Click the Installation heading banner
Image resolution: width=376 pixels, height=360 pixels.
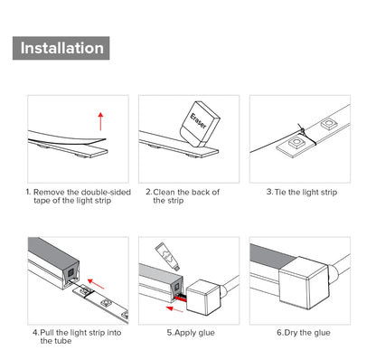point(61,48)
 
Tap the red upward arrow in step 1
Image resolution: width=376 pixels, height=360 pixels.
point(100,121)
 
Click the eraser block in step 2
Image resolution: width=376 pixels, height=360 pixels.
point(200,124)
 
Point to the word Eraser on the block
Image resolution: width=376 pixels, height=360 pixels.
point(198,121)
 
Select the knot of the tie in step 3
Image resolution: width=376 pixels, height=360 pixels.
point(302,130)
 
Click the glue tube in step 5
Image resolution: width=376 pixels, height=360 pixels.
point(167,256)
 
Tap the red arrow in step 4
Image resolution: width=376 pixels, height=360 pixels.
point(96,284)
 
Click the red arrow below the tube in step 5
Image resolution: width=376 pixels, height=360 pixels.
point(174,309)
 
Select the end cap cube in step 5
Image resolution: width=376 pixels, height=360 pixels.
point(202,298)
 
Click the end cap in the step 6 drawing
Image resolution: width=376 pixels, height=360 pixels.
point(304,282)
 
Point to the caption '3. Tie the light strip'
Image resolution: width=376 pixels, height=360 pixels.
point(302,192)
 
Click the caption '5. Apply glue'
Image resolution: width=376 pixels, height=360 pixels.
point(191,333)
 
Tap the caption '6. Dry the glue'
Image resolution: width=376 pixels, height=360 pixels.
point(304,333)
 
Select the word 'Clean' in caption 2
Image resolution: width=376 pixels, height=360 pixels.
point(164,192)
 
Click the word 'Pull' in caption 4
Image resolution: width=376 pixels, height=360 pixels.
point(47,333)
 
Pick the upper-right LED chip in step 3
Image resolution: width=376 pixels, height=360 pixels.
point(328,124)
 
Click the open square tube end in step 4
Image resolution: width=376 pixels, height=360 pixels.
point(71,275)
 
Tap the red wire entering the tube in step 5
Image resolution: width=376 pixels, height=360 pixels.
point(181,298)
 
